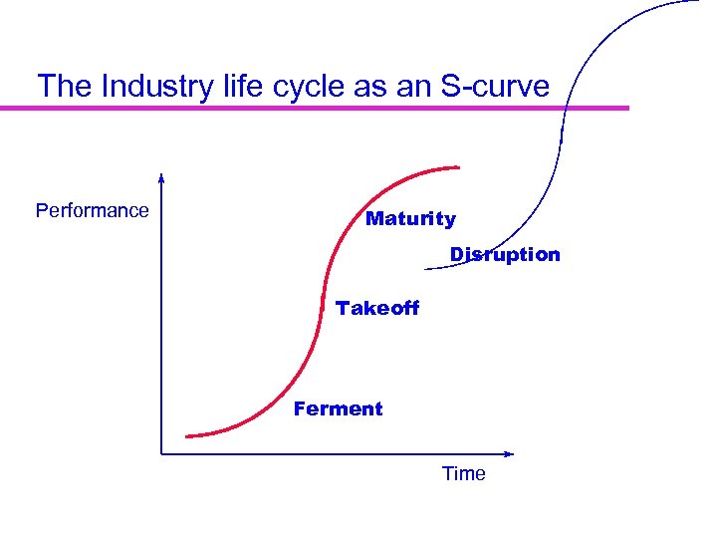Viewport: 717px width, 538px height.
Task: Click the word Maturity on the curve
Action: pos(410,219)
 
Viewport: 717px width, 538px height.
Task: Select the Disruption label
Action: pos(505,255)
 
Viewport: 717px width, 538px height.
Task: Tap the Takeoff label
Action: pos(377,309)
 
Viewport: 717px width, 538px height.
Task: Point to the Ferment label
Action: pos(338,409)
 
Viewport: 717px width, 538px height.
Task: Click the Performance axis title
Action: pos(92,211)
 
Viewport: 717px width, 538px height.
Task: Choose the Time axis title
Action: pos(464,474)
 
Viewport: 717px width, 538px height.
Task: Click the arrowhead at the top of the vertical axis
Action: pos(161,178)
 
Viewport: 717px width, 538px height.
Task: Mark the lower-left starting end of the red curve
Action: pos(187,435)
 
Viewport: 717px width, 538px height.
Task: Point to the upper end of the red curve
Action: pos(459,166)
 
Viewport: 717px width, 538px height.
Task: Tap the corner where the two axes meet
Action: pos(161,454)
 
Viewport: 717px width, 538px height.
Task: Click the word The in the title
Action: pos(64,86)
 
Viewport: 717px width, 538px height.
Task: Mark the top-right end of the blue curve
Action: pos(698,2)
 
